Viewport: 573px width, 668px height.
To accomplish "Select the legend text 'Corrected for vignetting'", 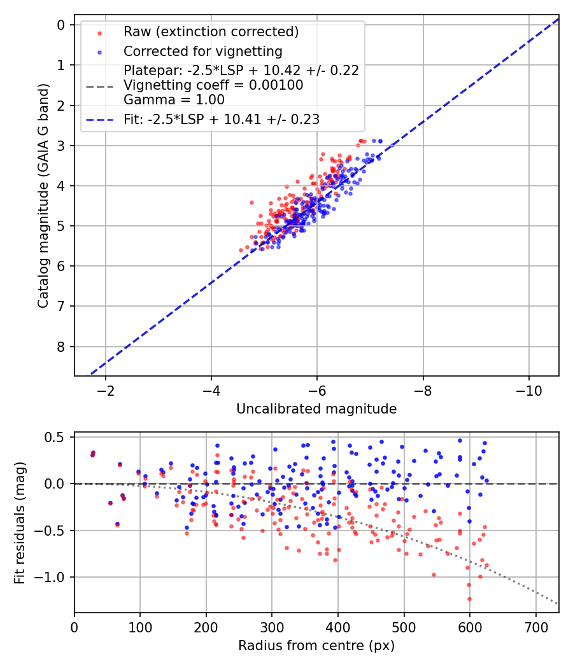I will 202,51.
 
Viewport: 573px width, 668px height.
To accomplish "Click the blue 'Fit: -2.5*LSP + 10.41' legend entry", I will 222,119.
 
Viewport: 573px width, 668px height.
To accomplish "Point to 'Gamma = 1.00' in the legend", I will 174,99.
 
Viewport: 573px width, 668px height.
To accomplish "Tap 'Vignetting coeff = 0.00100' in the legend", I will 213,85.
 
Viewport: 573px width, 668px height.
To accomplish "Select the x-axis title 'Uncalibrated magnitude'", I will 316,409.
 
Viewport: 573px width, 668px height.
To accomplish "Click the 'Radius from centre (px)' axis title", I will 316,646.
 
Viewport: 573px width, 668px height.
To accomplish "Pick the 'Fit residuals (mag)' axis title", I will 20,522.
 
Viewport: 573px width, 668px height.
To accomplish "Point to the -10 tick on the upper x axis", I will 528,389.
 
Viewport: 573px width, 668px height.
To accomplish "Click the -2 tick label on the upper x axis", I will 106,389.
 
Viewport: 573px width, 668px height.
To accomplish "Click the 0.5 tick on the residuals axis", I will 57,437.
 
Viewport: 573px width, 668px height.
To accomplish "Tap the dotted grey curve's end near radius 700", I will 556,602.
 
